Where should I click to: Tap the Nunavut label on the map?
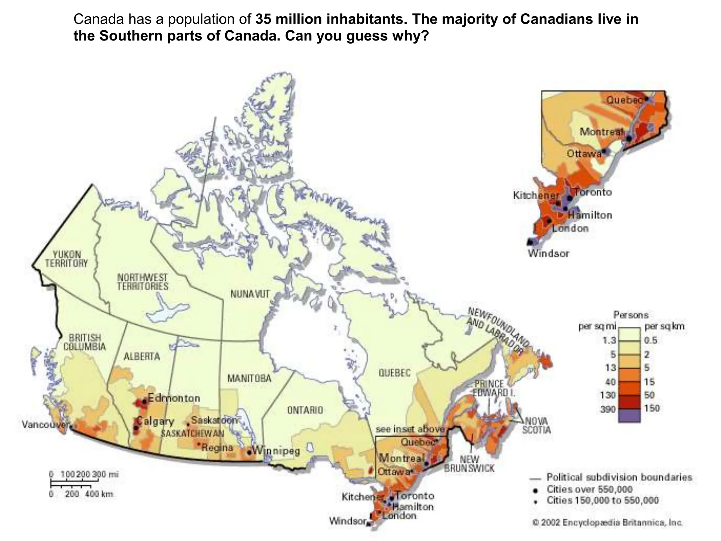click(250, 294)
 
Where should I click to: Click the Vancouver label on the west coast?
click(44, 424)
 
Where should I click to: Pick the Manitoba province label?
click(249, 379)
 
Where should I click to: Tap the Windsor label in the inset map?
click(548, 253)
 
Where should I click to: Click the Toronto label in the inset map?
click(593, 192)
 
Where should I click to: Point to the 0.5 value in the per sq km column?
click(651, 341)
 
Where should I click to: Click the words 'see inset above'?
click(410, 429)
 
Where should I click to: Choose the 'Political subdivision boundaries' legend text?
click(619, 477)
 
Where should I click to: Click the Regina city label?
click(217, 447)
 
